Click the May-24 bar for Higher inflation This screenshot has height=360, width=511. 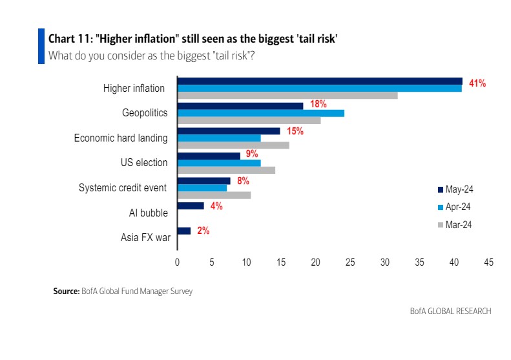coord(320,81)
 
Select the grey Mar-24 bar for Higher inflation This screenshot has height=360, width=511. coord(287,96)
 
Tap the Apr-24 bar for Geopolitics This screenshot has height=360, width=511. coord(260,113)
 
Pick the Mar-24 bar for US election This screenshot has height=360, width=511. coord(226,171)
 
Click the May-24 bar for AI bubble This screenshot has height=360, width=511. coord(191,206)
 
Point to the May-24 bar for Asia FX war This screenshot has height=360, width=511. coord(184,231)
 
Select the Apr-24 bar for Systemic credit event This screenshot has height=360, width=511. coord(202,188)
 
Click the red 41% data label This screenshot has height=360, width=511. coord(477,83)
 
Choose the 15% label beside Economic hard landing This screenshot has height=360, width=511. coord(295,131)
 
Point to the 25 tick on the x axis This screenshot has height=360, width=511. coord(350,263)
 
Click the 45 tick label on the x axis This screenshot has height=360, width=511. coord(488,263)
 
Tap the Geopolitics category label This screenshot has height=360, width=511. coord(145,113)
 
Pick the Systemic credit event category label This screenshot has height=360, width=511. coord(123,188)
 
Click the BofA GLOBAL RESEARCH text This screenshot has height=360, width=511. coord(450,312)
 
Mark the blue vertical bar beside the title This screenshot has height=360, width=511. coord(41,46)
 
